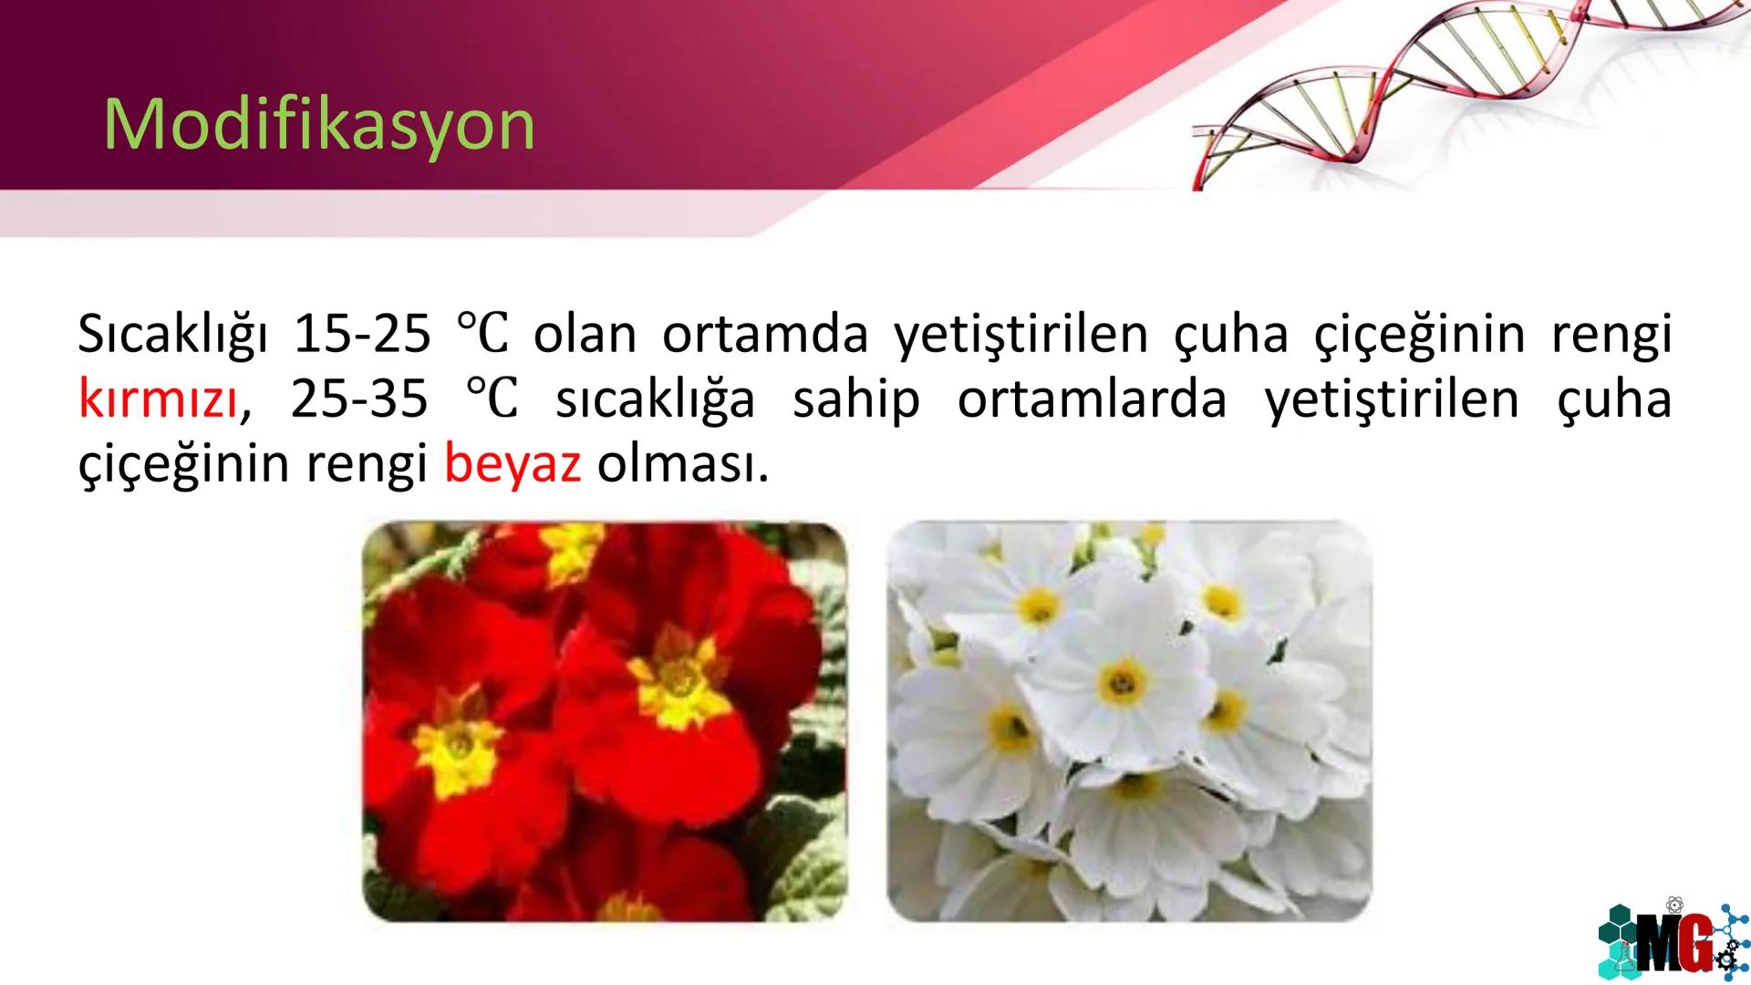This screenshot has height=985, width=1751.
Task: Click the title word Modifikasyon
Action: [319, 125]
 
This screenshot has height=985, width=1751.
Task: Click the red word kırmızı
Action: [159, 399]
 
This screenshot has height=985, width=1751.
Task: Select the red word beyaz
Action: [512, 464]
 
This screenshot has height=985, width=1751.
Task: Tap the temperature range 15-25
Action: [361, 335]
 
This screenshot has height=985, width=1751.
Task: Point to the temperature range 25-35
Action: [359, 399]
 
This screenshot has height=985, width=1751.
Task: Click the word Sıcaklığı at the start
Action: [173, 335]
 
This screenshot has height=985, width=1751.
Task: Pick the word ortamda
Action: [765, 335]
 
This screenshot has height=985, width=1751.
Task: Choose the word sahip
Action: [856, 399]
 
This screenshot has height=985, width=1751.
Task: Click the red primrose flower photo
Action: [605, 721]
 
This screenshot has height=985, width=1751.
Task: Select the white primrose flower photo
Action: [1129, 721]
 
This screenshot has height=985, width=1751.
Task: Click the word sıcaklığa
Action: [655, 399]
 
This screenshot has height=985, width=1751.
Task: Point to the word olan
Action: [585, 335]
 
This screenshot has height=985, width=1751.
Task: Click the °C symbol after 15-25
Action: [482, 335]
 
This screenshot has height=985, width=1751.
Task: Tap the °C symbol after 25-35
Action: [492, 399]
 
